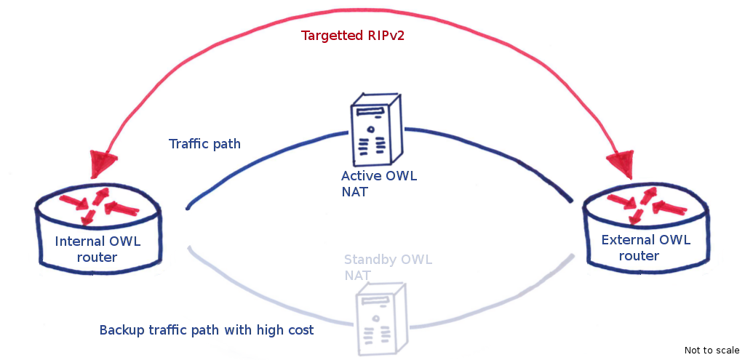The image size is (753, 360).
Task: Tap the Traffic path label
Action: click(204, 144)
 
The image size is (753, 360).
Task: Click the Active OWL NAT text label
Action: click(379, 184)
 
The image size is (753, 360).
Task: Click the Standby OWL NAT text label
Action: click(387, 268)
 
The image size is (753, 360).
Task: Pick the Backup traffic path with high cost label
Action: click(207, 330)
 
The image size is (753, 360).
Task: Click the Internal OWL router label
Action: click(97, 249)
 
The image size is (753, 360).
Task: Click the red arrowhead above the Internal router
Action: click(101, 163)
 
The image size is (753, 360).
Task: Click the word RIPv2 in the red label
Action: click(381, 36)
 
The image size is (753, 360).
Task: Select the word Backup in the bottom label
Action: click(122, 330)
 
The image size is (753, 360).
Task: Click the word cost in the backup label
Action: click(300, 330)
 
